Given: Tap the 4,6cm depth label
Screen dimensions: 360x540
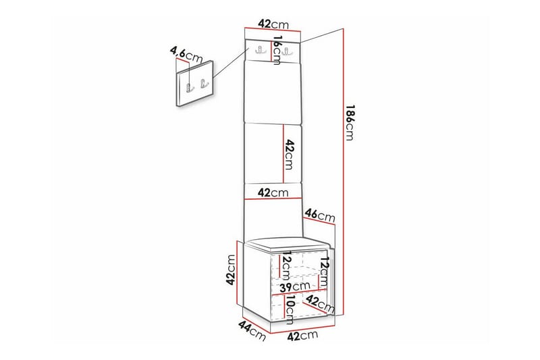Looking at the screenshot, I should click(185, 53).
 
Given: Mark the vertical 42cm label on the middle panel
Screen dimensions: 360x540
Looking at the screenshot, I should click(289, 155).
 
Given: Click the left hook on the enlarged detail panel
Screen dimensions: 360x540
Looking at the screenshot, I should click(189, 86).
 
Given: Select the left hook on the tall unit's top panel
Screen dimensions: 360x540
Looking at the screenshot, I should click(260, 49).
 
